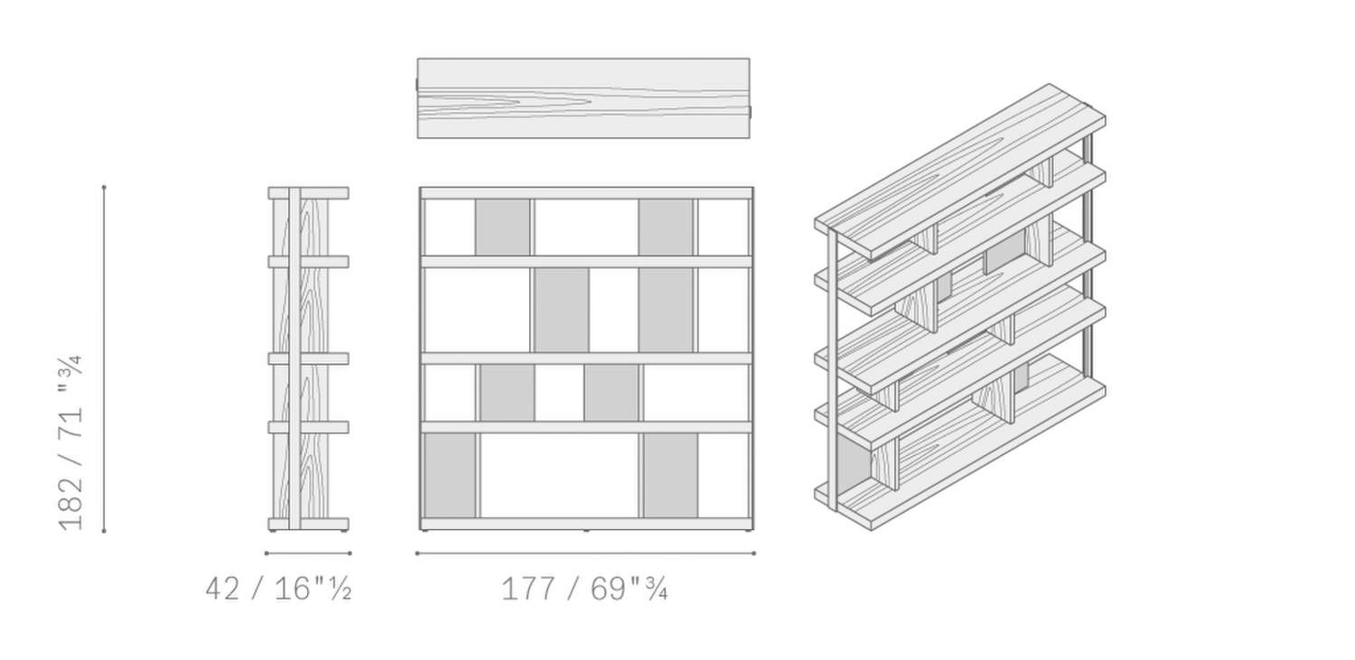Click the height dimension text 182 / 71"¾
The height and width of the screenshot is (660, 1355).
(x=70, y=442)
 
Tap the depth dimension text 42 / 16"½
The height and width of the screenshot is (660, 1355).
(x=279, y=589)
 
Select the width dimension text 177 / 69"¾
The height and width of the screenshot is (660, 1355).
(x=584, y=589)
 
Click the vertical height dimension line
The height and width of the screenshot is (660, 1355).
(x=104, y=359)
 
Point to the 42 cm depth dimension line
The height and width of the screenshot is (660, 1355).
(x=308, y=553)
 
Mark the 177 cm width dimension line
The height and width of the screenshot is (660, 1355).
(x=585, y=553)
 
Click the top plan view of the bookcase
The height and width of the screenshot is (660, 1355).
(x=584, y=98)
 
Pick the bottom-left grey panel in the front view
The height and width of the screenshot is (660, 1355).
(x=450, y=476)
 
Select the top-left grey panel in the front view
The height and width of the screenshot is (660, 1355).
(x=502, y=228)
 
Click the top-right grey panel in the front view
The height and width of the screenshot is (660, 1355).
(x=666, y=228)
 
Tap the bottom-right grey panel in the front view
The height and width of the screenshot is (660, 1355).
(x=670, y=476)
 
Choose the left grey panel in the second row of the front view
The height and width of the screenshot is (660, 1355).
(x=561, y=310)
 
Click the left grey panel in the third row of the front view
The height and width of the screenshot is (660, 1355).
(x=507, y=393)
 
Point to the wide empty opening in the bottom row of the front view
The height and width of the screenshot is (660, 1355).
(x=559, y=476)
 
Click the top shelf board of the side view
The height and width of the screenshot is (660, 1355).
(x=309, y=193)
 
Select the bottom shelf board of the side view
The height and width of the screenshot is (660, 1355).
(x=309, y=524)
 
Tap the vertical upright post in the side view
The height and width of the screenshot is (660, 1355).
(x=294, y=358)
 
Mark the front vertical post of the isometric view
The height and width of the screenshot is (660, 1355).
(x=833, y=370)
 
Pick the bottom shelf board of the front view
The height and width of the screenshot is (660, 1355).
(x=587, y=524)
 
